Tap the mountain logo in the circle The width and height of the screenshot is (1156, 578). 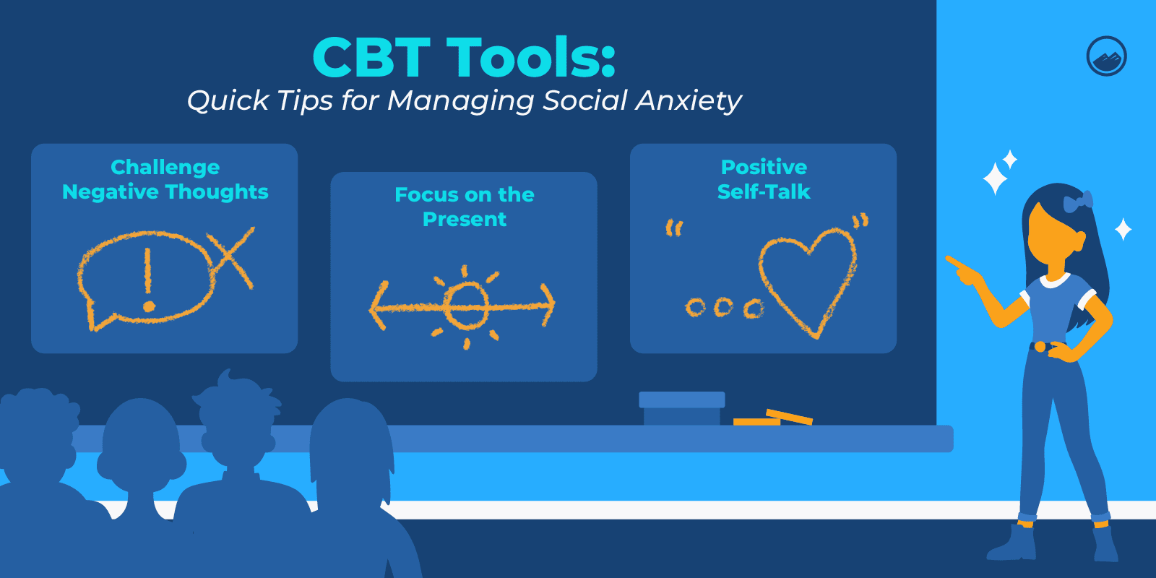(1106, 56)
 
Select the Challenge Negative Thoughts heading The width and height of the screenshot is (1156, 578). (165, 179)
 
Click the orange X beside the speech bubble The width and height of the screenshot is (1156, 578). (232, 256)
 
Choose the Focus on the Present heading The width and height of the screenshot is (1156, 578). (465, 207)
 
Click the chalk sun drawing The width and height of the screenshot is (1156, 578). (466, 306)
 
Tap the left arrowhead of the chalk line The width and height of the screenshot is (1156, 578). (379, 306)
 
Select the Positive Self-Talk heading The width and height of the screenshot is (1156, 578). (764, 179)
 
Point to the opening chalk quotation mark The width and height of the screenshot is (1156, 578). (674, 228)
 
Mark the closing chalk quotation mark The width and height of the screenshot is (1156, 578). (860, 221)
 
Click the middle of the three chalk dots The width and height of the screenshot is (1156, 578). (723, 307)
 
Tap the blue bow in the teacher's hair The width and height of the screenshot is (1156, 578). (1078, 202)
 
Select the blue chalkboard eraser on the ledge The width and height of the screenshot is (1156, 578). (682, 408)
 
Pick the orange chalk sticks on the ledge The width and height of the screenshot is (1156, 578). (773, 418)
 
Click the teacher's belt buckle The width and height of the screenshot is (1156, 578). (1040, 347)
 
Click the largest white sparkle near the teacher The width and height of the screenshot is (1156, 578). (995, 178)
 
